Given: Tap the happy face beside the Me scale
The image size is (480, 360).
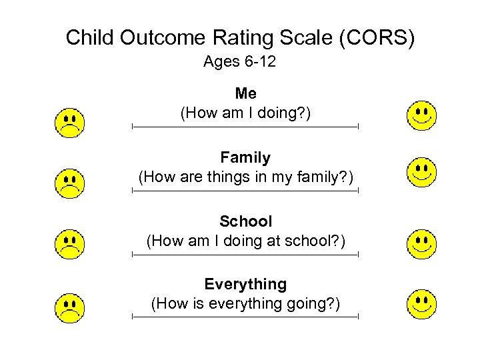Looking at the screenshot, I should tap(421, 115).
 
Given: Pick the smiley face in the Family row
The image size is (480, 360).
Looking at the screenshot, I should tap(421, 172).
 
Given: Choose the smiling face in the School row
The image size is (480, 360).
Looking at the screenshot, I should tap(421, 244).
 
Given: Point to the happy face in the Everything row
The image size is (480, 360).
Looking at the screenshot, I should tap(421, 304).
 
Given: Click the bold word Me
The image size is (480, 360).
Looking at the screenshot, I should tap(245, 94).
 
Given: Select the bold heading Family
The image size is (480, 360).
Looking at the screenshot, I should tap(245, 158).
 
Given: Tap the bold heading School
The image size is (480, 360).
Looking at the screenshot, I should tap(245, 221).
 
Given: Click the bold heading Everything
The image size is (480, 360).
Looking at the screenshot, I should tap(245, 285).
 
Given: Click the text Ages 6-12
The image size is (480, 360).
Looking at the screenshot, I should tap(239, 63).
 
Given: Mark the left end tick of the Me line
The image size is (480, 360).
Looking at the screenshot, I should tap(133, 126).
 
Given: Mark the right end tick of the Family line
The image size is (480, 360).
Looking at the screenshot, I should tap(358, 191).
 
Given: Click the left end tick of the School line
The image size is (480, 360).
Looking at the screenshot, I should tap(133, 254).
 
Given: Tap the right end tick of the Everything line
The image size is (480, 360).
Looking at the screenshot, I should tap(358, 317).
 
